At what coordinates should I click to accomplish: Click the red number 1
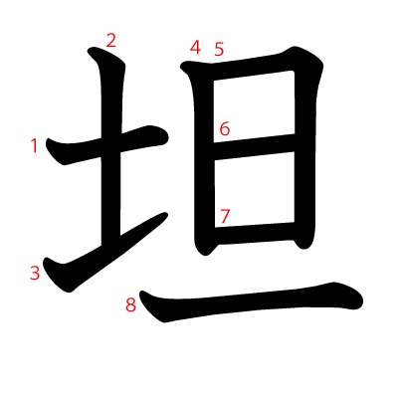click(x=35, y=146)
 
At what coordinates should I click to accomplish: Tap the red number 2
click(x=110, y=41)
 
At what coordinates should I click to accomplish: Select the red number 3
click(x=35, y=272)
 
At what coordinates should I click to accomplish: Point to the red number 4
click(x=196, y=48)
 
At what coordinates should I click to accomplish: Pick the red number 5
click(x=219, y=49)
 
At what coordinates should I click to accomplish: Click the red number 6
click(x=225, y=129)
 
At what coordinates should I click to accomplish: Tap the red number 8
click(x=130, y=305)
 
